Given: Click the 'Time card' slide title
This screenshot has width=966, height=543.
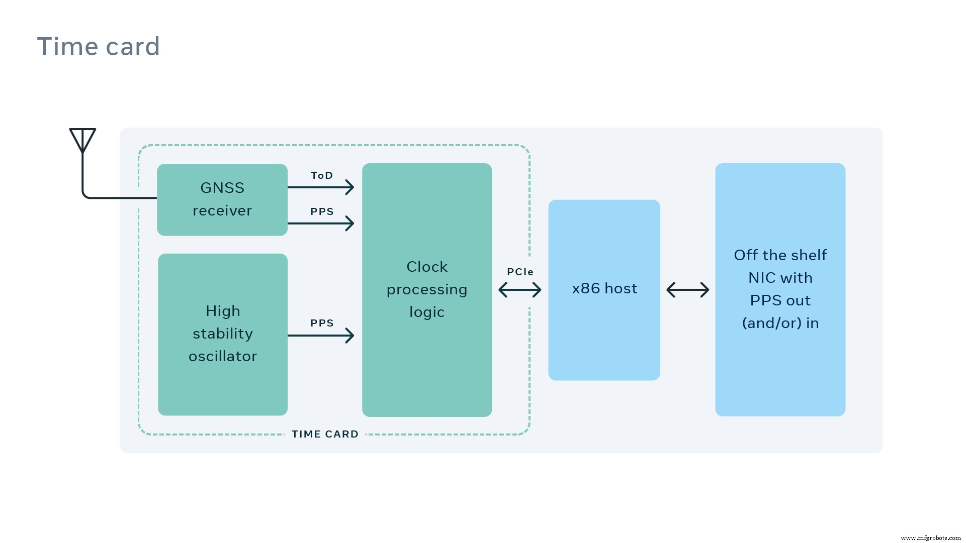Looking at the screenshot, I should coord(99,47).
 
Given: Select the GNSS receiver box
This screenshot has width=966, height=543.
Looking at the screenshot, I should coord(222,199).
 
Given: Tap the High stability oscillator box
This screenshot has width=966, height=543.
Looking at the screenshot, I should coord(222,334).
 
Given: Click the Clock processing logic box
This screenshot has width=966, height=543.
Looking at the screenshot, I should coord(426,289).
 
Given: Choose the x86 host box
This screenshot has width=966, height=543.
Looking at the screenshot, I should coord(604,289).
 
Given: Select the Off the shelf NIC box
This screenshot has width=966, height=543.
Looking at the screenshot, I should coord(780,289).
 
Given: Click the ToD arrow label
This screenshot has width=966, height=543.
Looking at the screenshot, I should coord(322,175).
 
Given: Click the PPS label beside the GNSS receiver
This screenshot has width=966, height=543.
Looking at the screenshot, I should coord(322,211).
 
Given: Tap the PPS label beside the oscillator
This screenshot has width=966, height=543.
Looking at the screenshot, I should coord(322,323).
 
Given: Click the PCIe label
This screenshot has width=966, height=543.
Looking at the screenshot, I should coord(520,272).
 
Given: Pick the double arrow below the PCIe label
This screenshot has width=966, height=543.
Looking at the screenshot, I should coord(520,290).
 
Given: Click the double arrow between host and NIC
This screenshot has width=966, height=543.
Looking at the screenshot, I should coord(687,290).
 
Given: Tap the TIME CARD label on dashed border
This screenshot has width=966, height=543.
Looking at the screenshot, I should coord(325,434).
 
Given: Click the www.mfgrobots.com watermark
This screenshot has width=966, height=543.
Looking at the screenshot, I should coord(930,537).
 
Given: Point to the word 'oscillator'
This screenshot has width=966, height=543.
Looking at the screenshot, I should coord(222,356).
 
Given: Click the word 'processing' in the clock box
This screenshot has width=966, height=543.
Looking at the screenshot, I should coord(426,290).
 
